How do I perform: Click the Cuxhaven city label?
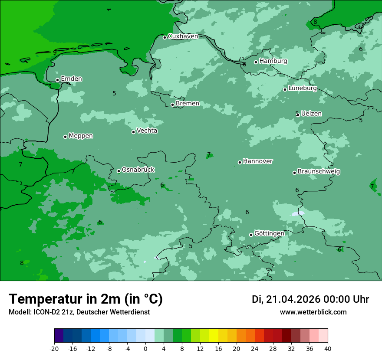pos(183,36)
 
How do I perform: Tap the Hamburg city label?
pos(273,61)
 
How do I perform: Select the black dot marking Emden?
pos(57,80)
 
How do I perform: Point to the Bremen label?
pos(188,104)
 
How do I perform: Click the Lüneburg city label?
pos(303,88)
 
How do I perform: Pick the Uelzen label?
pos(311,114)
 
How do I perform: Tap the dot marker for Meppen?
pos(65,137)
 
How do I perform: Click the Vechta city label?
pos(147,131)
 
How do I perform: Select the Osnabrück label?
pos(138,170)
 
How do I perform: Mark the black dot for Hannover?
pos(240,162)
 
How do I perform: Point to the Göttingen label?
pos(269,233)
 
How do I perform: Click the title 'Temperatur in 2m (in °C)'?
pos(86,299)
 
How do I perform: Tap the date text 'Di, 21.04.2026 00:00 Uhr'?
pos(310,300)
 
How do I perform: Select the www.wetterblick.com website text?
pos(313,312)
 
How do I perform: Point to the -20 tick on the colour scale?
pos(54,349)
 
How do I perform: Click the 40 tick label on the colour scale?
pos(327,349)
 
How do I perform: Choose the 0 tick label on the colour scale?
pos(145,349)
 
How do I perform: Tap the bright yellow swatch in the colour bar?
pos(214,336)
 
